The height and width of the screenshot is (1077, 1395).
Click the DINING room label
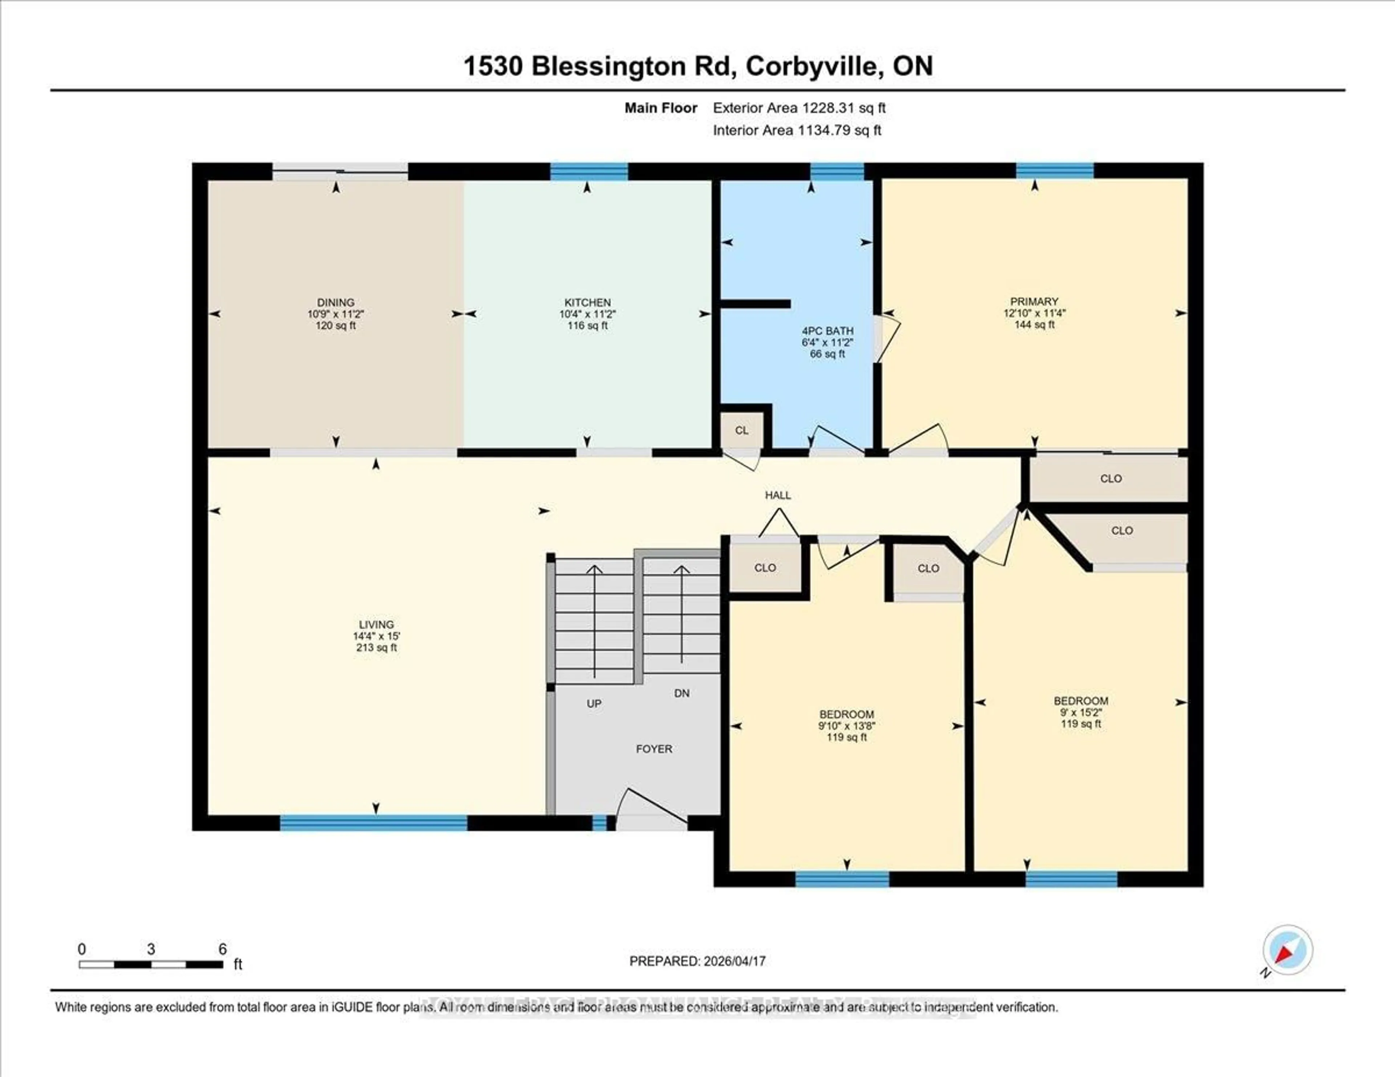[335, 302]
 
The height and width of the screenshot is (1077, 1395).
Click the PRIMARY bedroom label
[1034, 301]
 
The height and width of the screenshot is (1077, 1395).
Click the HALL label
[778, 495]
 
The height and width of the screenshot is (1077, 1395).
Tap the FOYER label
[654, 749]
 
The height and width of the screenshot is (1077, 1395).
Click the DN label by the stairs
[682, 693]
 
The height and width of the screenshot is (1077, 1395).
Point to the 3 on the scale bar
[151, 949]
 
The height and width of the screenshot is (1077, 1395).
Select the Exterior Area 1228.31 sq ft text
[799, 108]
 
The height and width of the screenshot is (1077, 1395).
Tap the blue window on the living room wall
[374, 823]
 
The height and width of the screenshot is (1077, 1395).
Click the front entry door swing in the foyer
[651, 809]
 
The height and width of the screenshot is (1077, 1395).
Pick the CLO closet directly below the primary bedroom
[1111, 478]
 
